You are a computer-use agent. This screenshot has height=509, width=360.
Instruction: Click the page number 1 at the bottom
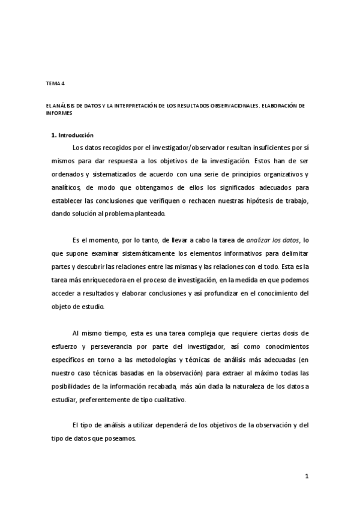pos(307,477)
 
